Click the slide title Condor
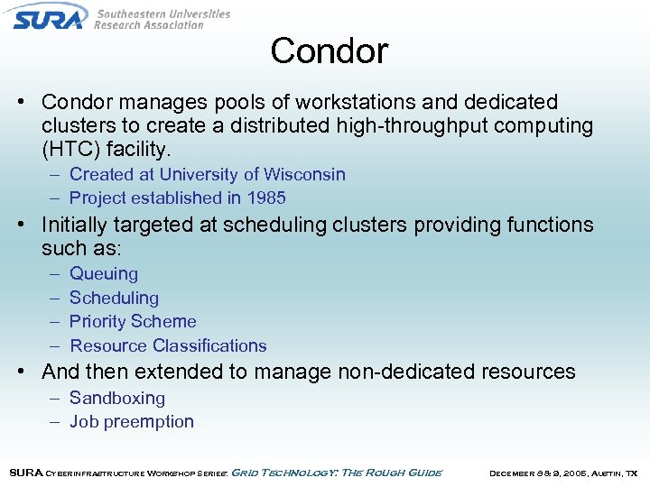point(329,51)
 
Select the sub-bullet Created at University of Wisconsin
point(207,174)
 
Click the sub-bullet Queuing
point(104,273)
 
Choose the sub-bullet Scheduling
point(114,298)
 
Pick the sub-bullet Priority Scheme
point(133,321)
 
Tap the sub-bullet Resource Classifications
point(168,345)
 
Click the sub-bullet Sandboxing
point(117,398)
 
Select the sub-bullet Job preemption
point(132,421)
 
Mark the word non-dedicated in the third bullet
point(398,371)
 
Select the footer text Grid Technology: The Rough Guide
point(337,473)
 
